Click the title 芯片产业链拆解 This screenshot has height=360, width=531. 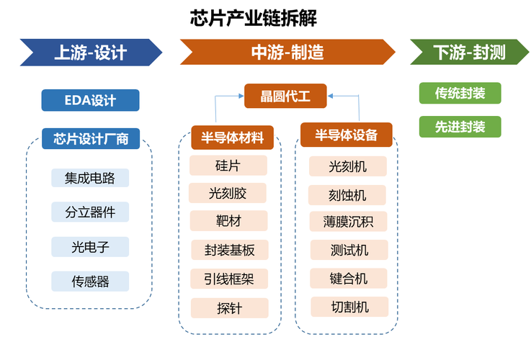(254, 18)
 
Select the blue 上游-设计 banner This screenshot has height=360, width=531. (91, 53)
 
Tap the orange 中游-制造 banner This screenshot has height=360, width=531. (287, 52)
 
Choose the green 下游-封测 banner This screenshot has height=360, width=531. (469, 52)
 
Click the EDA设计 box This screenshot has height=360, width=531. (90, 100)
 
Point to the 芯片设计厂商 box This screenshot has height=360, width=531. (91, 139)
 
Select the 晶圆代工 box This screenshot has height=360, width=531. (285, 96)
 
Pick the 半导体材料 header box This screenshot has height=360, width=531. (232, 138)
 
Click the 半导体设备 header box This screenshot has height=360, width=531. (347, 135)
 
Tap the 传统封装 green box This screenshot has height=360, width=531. (460, 93)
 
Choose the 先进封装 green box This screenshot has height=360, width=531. (460, 127)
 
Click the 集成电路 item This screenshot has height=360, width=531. (90, 178)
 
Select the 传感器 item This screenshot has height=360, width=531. (90, 282)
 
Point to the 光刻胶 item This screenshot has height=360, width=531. (228, 193)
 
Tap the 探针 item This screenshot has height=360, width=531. (230, 308)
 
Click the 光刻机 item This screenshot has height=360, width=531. (348, 166)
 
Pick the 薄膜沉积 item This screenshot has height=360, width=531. (348, 222)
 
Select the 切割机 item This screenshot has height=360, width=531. (349, 307)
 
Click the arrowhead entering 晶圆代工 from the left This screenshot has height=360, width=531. (241, 96)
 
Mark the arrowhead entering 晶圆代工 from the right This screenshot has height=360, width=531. (330, 96)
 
